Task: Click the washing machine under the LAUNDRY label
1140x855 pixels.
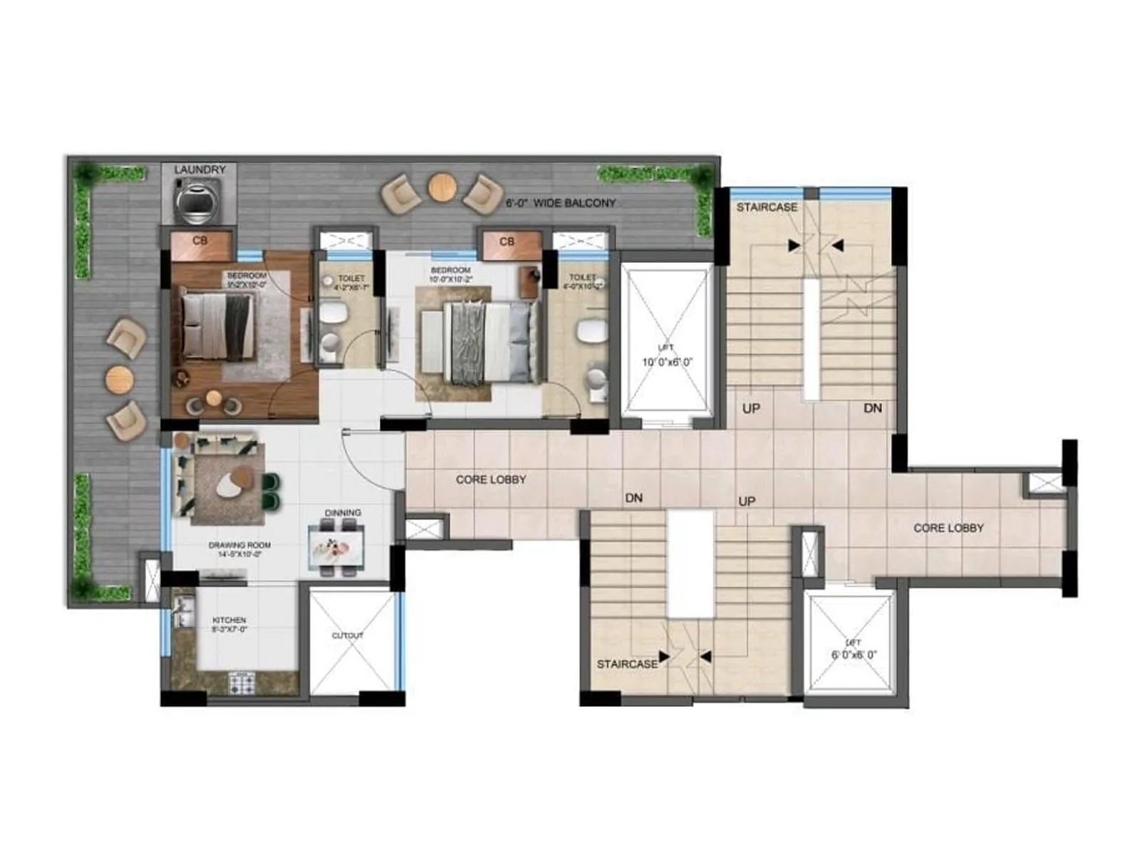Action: [199, 202]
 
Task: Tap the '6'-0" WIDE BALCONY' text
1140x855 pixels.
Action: [560, 203]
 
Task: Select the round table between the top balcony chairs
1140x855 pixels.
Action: [442, 188]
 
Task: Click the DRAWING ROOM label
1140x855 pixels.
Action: [239, 549]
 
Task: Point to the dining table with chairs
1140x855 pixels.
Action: [336, 546]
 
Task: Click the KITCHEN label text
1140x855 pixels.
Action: [229, 625]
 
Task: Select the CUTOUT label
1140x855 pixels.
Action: [348, 635]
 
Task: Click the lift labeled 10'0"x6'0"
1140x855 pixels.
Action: [667, 342]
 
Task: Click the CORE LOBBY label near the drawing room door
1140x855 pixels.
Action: [491, 480]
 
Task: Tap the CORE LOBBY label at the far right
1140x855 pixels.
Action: [948, 528]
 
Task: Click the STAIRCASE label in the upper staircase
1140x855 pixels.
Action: [767, 207]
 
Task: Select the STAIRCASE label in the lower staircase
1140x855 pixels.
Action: [627, 664]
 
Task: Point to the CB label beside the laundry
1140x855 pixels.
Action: [199, 241]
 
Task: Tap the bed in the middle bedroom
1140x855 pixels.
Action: [484, 341]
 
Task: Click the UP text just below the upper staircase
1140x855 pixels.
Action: [751, 408]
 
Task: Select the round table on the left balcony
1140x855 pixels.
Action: [119, 378]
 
